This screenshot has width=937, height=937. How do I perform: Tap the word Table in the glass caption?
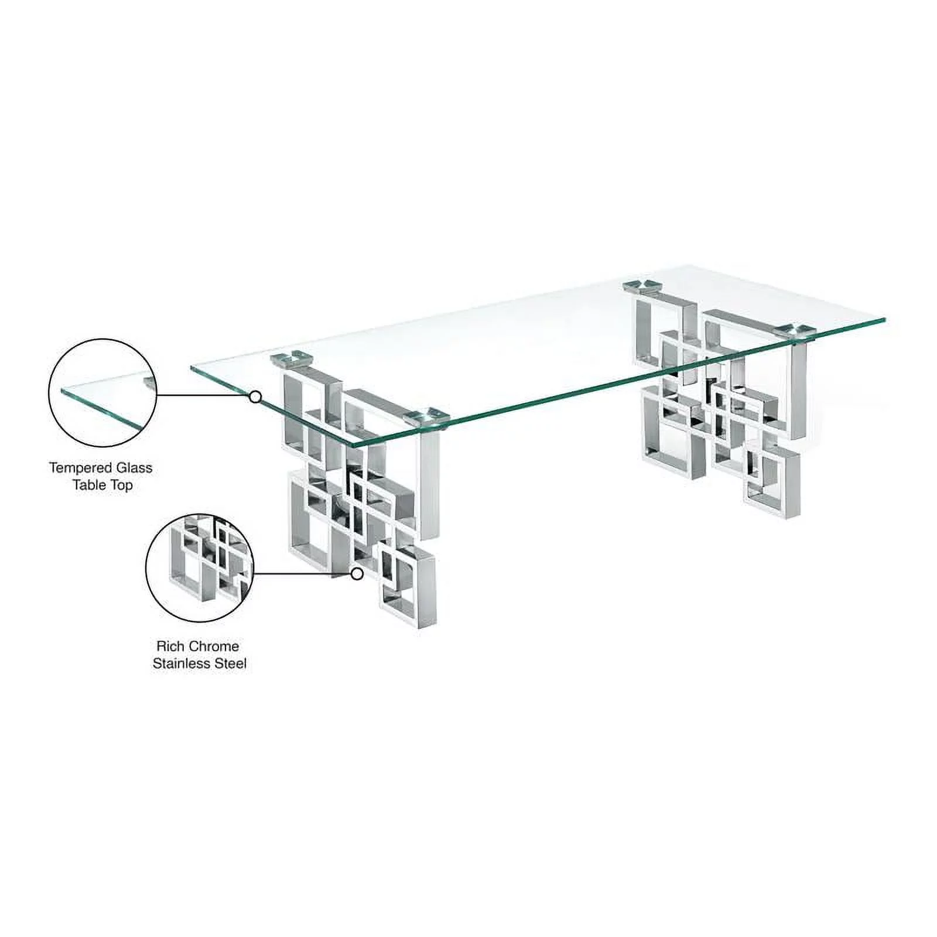point(90,485)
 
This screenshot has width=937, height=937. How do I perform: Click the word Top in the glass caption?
point(121,485)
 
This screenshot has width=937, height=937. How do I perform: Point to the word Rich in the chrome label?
point(170,647)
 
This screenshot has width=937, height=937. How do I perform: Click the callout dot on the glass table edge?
point(255,397)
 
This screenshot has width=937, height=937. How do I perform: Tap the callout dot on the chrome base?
point(357,574)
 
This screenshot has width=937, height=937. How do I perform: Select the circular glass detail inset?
point(102,393)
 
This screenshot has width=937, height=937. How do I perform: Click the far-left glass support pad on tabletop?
point(292,357)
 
